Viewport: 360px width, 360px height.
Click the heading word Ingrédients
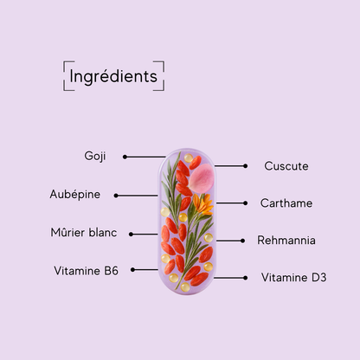113,76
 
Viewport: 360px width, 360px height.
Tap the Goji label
95,157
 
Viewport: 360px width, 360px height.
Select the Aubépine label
75,195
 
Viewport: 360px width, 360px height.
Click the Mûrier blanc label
84,233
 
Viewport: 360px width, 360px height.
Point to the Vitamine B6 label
86,271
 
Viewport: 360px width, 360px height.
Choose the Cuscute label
286,166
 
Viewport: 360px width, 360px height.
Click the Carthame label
286,203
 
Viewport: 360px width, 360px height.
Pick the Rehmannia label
286,241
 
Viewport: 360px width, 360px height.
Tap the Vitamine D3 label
293,278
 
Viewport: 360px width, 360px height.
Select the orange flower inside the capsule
202,204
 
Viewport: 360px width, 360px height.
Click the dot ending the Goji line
125,157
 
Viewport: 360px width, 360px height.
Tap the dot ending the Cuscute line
245,166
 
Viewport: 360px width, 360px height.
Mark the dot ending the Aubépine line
116,196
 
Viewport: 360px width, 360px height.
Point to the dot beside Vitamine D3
245,278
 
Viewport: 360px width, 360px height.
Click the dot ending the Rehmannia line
242,241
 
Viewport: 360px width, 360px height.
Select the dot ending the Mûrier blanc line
131,235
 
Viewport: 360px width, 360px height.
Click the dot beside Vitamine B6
132,270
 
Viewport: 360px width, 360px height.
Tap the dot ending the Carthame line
245,203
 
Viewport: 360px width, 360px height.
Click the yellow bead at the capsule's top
189,157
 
